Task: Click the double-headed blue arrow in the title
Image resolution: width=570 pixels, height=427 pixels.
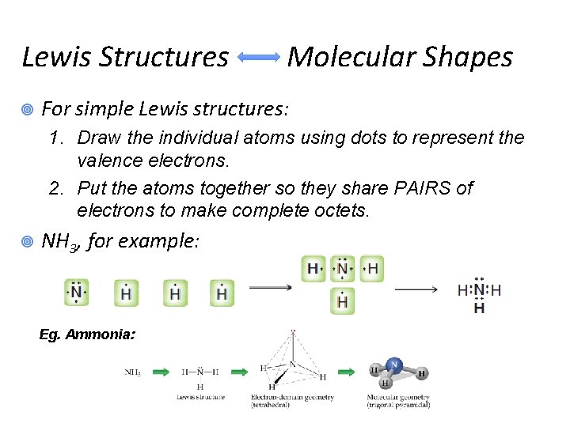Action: point(258,57)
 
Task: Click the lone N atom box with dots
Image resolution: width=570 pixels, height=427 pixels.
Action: point(77,293)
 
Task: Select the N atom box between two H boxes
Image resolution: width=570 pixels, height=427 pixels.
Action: point(342,269)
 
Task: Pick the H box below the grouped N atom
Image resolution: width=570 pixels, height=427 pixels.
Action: point(342,300)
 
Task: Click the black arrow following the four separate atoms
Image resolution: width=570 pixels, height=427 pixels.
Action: point(270,288)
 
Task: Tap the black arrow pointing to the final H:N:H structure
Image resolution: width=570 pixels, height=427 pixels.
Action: point(416,289)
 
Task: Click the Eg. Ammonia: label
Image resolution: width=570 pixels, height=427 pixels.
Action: point(87,334)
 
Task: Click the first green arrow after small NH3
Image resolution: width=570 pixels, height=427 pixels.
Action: point(161,371)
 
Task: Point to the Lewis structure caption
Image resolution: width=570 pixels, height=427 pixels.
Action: point(200,397)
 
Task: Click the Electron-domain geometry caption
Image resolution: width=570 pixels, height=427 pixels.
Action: point(291,400)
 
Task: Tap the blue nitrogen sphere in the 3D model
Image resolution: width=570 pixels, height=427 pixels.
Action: point(393,365)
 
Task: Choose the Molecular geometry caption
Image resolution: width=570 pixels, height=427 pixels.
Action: point(398,400)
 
